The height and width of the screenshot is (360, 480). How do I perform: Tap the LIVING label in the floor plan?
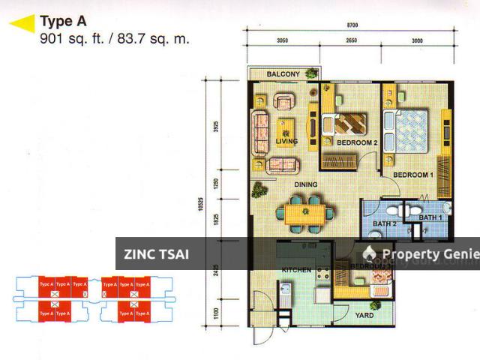coord(286,141)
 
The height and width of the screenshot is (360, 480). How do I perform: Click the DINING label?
coord(305,184)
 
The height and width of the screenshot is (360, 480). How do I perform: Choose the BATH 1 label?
coord(430,217)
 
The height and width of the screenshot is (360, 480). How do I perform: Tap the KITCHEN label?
coord(295,268)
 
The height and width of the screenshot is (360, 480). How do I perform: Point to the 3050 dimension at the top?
coord(282,41)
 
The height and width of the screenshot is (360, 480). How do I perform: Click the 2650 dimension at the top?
coord(351,41)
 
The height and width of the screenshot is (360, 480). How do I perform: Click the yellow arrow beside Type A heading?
coord(22,24)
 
